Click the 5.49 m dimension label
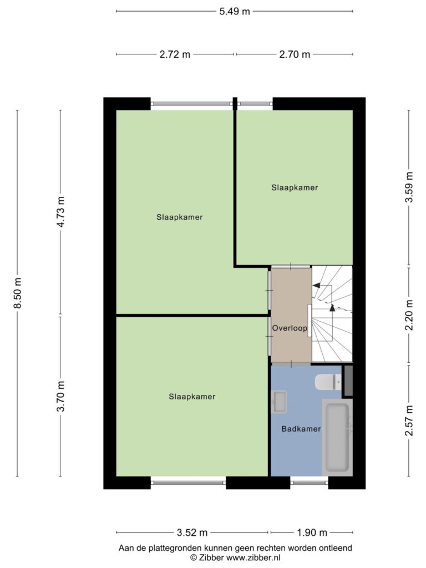[235, 11]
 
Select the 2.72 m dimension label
[175, 54]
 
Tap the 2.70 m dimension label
[295, 54]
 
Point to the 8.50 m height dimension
[17, 293]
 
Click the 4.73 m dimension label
[60, 212]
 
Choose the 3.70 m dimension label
[60, 396]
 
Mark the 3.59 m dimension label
[409, 187]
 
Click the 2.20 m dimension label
[409, 315]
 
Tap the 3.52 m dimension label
[192, 532]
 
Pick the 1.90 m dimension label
[312, 532]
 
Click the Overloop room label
[290, 328]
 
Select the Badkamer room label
[301, 429]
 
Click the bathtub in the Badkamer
[337, 437]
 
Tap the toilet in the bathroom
[328, 382]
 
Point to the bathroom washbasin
[280, 402]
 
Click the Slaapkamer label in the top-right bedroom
[295, 187]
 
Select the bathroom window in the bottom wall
[310, 482]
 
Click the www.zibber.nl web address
[253, 557]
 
